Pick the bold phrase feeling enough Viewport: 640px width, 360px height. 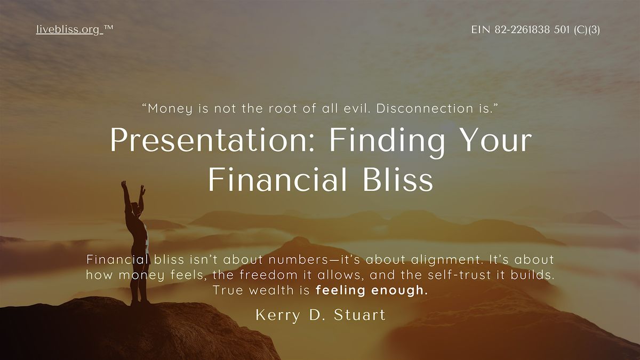coord(371,291)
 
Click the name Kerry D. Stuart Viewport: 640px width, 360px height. coord(320,315)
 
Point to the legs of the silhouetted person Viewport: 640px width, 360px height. coord(140,277)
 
